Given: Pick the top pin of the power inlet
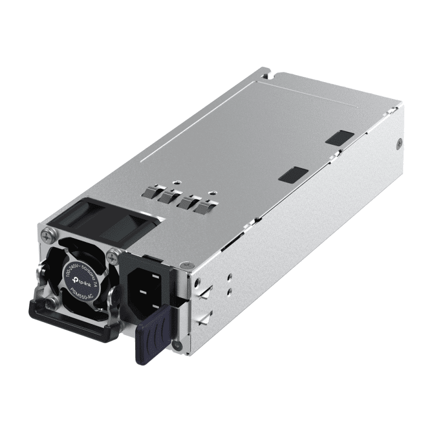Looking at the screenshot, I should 155,277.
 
